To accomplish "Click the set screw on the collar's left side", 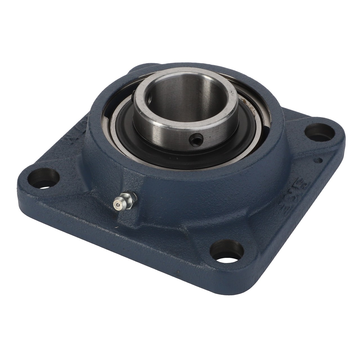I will [132, 98].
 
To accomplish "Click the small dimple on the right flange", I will [318, 161].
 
